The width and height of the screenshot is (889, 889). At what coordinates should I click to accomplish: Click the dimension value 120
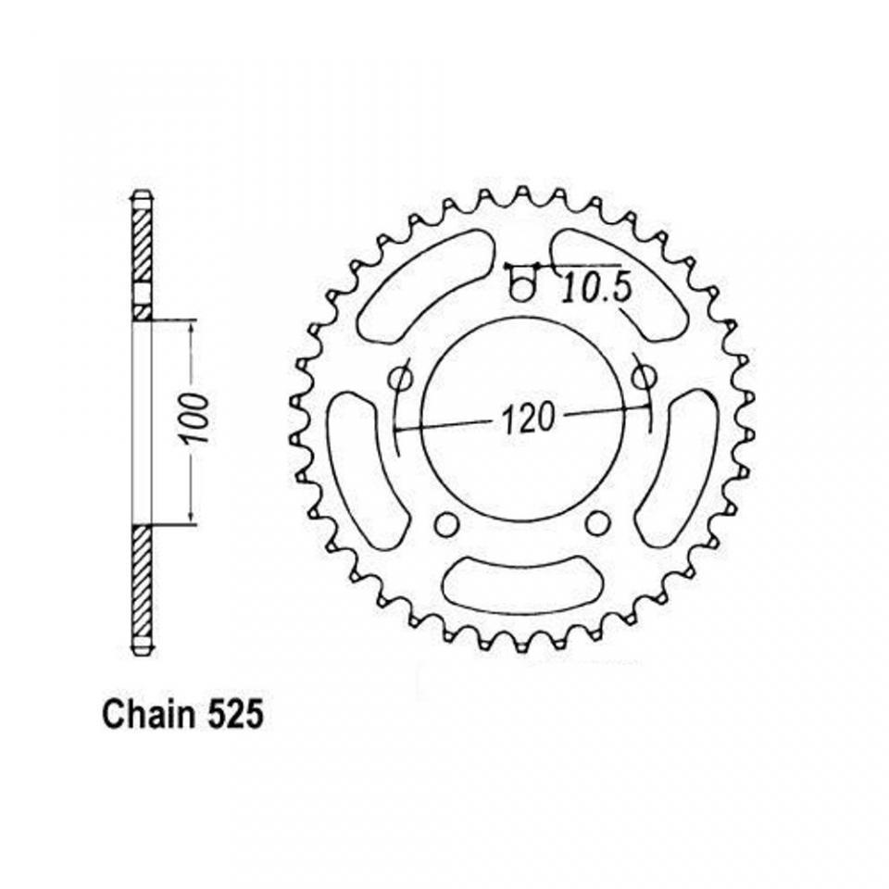(527, 419)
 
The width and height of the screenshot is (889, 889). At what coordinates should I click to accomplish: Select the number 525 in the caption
(233, 714)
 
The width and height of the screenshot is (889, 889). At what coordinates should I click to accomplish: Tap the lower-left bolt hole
(446, 524)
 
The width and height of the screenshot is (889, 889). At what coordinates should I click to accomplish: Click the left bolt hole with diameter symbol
(401, 378)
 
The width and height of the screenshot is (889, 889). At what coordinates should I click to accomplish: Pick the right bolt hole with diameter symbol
(645, 376)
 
